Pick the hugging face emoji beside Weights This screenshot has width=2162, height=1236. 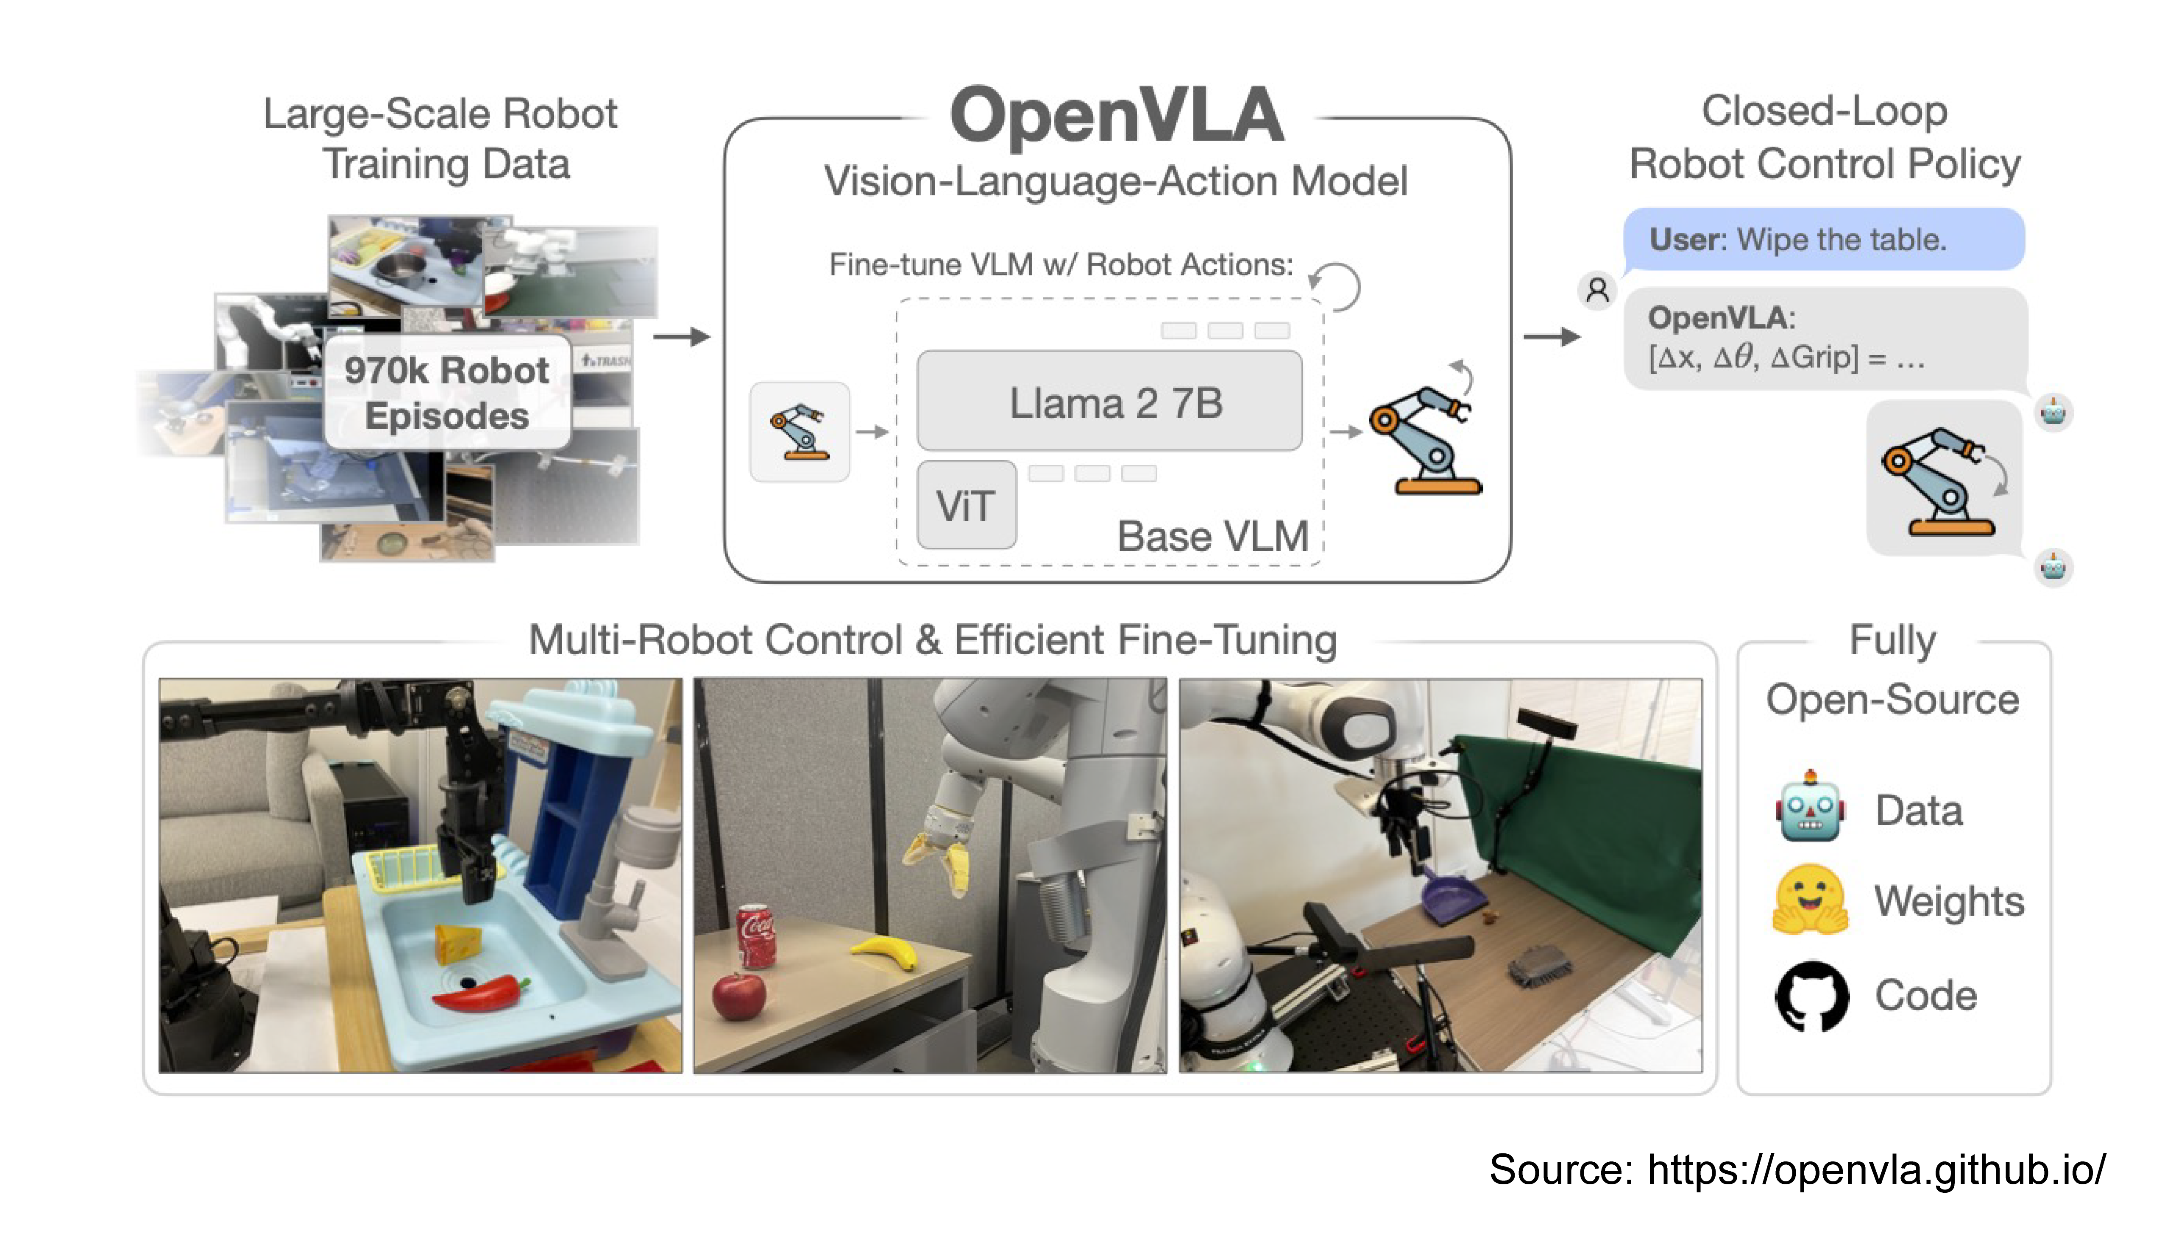tap(1810, 900)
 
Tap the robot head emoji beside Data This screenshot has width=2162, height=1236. tap(1810, 808)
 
